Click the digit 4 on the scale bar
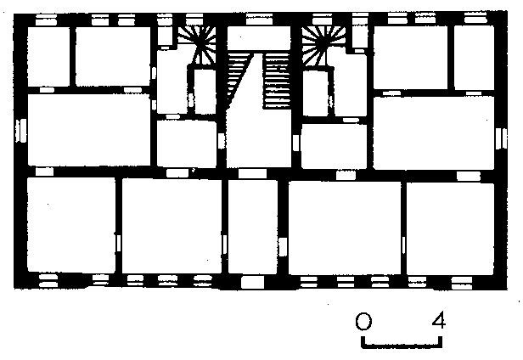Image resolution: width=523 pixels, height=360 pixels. coord(439,320)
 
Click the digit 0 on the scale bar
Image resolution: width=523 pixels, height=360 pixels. coord(363,321)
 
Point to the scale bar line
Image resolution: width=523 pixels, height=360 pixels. coord(402,346)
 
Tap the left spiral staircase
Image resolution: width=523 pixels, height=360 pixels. coord(198,45)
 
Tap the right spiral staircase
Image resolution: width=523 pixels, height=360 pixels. coord(322,46)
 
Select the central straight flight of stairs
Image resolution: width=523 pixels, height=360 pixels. coord(277,81)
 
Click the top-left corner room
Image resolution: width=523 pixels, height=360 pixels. coord(48,56)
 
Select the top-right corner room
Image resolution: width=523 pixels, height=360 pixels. coord(474,58)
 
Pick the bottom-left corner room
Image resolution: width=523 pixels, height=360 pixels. coord(71,224)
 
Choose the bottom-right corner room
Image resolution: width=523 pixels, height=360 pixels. coord(450,228)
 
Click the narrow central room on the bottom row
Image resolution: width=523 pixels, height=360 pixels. coord(252,227)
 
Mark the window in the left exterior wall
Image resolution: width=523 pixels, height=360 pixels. coord(21,130)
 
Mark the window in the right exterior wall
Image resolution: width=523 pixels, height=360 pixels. coord(501,138)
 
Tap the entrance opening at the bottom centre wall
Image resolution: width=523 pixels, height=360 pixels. coord(252,282)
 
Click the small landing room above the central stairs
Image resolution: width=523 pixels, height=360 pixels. coord(259,38)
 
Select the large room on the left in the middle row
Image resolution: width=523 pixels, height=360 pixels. coord(88,130)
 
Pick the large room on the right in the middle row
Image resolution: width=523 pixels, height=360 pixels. coord(434,132)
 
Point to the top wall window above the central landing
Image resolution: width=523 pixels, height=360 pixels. coord(259,19)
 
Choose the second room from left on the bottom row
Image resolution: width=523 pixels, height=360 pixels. coord(172,226)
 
